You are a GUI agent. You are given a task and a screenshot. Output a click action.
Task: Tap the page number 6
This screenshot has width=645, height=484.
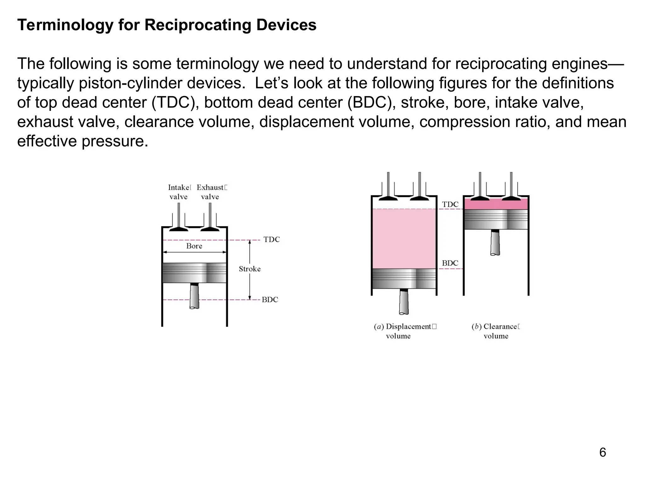602,452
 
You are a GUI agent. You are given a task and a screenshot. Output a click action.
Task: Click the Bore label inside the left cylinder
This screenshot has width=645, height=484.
194,246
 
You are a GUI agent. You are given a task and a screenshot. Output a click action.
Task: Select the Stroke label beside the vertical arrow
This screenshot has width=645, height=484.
249,269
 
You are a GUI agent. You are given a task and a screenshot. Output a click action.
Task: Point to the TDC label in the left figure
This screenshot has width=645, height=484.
271,239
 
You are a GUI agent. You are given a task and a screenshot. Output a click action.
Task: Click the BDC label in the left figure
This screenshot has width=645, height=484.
270,300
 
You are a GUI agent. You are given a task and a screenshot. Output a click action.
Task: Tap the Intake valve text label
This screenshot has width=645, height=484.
179,192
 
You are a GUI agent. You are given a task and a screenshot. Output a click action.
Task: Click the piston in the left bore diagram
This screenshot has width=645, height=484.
194,273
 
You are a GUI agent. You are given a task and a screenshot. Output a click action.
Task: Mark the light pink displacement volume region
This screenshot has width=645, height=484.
404,239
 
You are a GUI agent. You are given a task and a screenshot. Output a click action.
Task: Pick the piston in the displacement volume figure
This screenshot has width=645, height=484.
404,279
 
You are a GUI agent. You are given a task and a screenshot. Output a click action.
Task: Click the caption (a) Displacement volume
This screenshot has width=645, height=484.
404,331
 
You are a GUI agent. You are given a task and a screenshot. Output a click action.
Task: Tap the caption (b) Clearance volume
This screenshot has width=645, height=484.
495,331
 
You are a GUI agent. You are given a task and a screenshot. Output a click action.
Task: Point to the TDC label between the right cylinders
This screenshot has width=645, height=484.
450,205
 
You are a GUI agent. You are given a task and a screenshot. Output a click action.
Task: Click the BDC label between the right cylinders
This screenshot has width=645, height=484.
450,263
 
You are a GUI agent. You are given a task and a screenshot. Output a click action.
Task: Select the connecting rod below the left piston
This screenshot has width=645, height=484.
194,296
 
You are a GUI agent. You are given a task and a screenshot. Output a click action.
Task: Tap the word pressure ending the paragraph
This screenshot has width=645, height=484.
115,141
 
